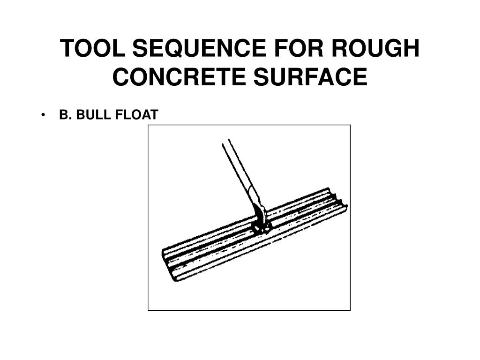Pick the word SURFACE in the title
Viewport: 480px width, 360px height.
(310, 76)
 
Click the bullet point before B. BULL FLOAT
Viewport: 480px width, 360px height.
(43, 115)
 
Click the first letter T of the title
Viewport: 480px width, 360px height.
(68, 48)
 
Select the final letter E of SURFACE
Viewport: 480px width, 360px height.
(360, 76)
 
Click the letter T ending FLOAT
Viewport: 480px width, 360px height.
(154, 115)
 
